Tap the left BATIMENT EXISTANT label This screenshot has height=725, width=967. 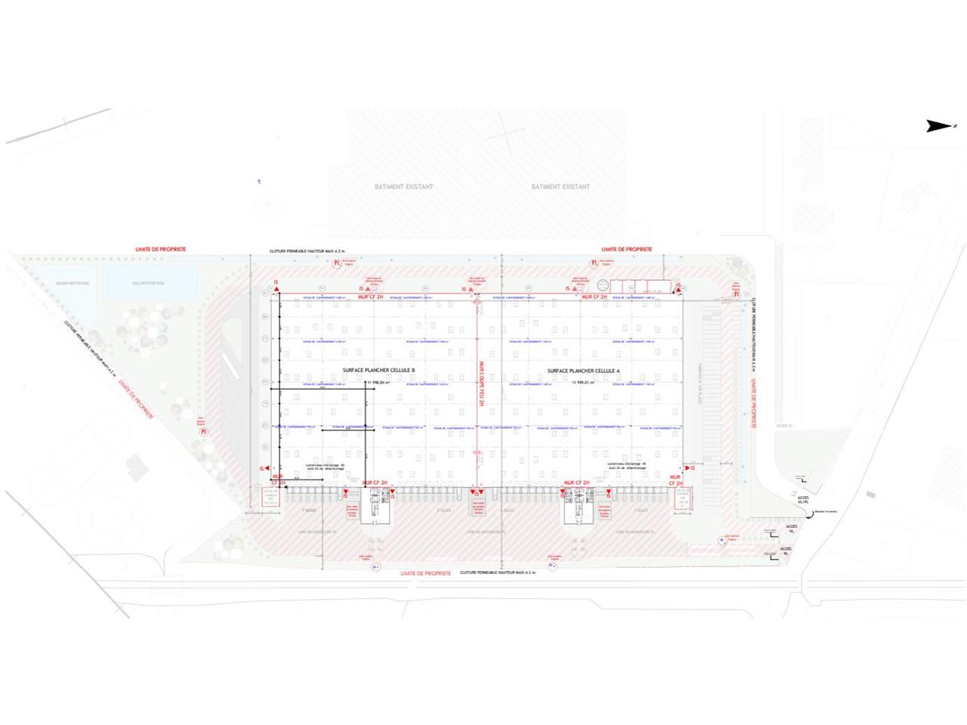click(404, 187)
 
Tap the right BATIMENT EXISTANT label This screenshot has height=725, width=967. click(561, 187)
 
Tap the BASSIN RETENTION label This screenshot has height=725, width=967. click(73, 283)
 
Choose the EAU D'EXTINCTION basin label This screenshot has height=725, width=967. click(148, 283)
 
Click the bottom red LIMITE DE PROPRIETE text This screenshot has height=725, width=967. click(426, 573)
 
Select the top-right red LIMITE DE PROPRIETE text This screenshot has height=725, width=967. click(627, 248)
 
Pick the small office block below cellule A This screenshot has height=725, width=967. click(580, 504)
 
